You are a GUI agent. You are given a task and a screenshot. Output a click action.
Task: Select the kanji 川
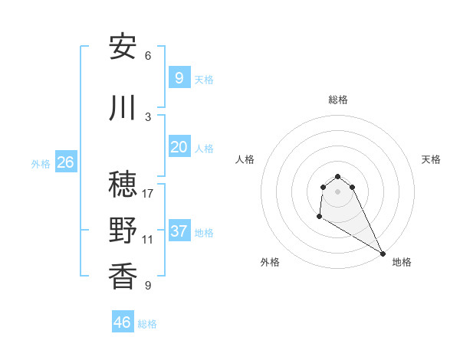(123, 108)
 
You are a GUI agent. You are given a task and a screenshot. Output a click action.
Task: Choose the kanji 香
(123, 277)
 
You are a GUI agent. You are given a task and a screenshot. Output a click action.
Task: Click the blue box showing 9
(179, 77)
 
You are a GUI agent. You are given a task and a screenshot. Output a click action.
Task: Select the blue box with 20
(179, 147)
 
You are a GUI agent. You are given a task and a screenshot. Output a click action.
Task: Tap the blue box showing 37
(179, 231)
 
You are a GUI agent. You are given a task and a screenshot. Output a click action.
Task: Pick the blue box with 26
(65, 162)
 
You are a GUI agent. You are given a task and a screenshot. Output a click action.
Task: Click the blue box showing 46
(123, 322)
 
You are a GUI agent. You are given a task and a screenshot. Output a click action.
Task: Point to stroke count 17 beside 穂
(148, 193)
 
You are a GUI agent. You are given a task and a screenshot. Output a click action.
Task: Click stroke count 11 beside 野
(148, 239)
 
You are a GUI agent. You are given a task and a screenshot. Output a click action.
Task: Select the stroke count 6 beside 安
(148, 55)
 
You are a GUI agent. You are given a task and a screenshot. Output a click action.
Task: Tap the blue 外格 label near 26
(41, 163)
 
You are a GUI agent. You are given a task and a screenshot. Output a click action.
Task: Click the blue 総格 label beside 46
(147, 324)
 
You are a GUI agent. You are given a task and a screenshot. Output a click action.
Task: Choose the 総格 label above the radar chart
(338, 100)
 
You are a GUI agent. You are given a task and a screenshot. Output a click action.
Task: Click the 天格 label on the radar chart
(431, 159)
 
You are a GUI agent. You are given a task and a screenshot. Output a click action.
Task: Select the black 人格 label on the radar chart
(245, 159)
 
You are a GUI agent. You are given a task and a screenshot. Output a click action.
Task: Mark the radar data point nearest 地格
(383, 254)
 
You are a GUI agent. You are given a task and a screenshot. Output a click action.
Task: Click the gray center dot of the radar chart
(338, 191)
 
